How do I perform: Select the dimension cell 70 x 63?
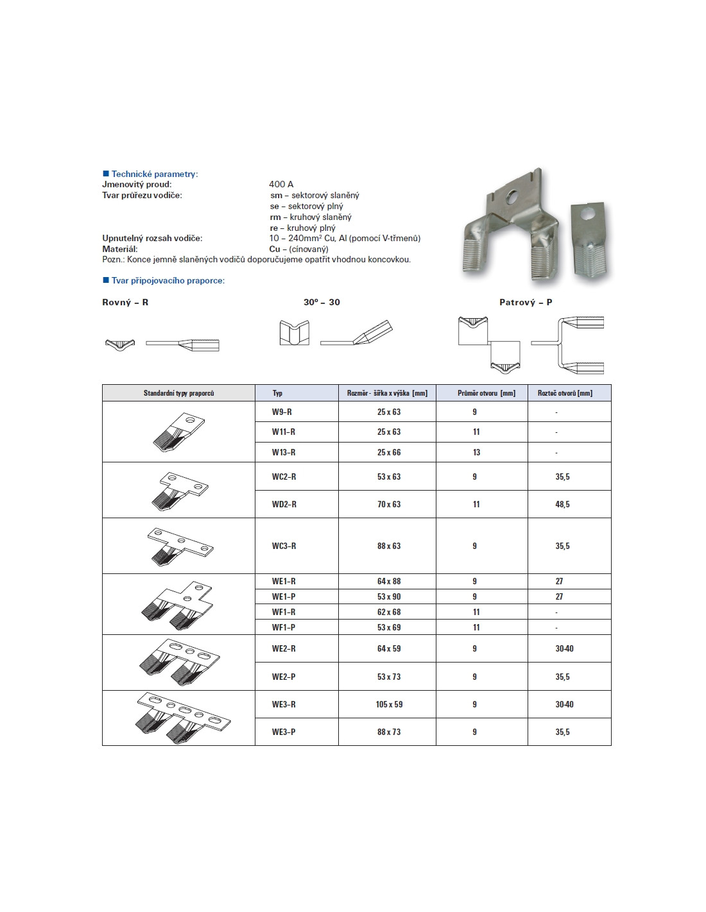pos(388,504)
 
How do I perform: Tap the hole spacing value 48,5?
pos(562,504)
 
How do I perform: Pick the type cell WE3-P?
pos(284,732)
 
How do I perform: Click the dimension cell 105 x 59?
pos(389,704)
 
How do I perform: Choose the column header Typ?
pos(277,393)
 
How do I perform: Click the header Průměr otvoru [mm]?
pos(486,393)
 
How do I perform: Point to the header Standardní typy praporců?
pos(178,393)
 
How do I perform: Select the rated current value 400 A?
pos(281,184)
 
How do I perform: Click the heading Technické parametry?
pos(154,174)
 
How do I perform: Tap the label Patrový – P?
pos(526,302)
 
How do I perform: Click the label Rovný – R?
pos(125,302)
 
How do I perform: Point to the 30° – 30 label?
pos(322,302)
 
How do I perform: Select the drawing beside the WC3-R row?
pos(180,546)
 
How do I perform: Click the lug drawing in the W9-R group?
pos(178,432)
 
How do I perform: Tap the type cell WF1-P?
pos(284,627)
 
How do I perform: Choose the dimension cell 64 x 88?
pos(388,581)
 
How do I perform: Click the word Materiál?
pos(120,249)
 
